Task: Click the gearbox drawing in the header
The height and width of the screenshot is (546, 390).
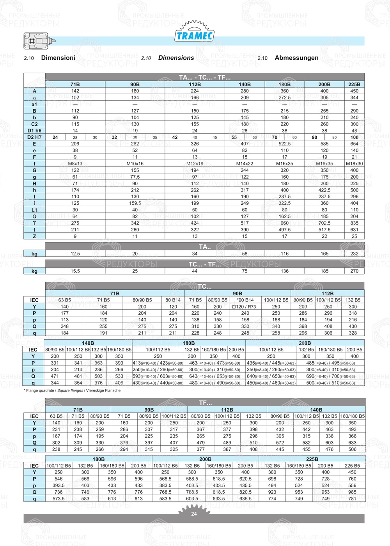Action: click(38, 41)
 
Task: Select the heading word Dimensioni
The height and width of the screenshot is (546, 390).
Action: click(58, 58)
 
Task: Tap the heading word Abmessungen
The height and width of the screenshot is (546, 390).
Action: click(296, 58)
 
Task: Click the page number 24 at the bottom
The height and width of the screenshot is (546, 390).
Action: click(194, 514)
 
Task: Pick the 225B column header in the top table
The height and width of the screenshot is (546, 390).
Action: click(354, 84)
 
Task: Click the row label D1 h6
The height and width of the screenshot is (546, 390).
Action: click(34, 131)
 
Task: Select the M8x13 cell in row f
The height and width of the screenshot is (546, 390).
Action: click(75, 164)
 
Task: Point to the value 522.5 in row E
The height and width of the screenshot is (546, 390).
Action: click(285, 144)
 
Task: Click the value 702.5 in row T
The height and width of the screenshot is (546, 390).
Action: click(324, 223)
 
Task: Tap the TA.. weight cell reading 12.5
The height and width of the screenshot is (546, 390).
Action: click(75, 253)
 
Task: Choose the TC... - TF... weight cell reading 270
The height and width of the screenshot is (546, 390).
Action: click(354, 271)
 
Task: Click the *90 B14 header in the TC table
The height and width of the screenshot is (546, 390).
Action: click(245, 300)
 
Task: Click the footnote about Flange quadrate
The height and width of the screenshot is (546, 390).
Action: click(72, 390)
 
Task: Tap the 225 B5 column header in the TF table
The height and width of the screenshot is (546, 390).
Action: click(352, 466)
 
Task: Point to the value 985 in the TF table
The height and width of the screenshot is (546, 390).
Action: click(352, 492)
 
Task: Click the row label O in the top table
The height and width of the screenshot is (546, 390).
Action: click(34, 216)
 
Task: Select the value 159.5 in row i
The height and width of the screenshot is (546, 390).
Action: click(135, 203)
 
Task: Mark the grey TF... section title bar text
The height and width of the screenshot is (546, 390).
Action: click(205, 402)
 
